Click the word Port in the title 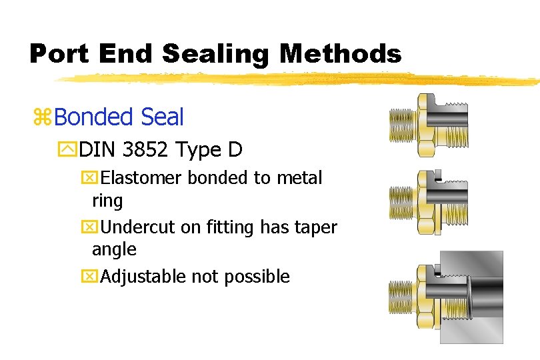[60, 53]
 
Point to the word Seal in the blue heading [163, 117]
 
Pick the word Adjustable [142, 276]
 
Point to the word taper [317, 227]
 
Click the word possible [257, 276]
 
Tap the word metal [299, 178]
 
